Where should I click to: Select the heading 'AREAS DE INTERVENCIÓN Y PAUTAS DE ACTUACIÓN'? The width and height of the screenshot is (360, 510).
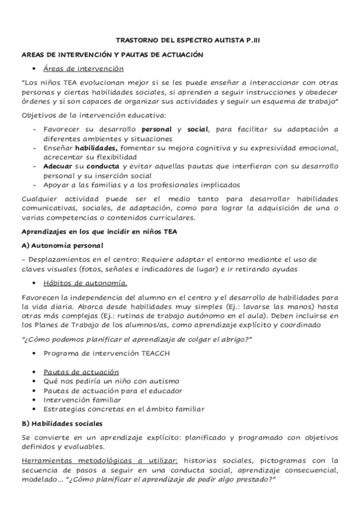click(x=112, y=55)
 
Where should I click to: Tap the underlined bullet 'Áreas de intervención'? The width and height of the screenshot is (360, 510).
click(x=84, y=69)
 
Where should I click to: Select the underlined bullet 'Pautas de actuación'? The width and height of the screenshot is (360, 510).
click(x=81, y=372)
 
